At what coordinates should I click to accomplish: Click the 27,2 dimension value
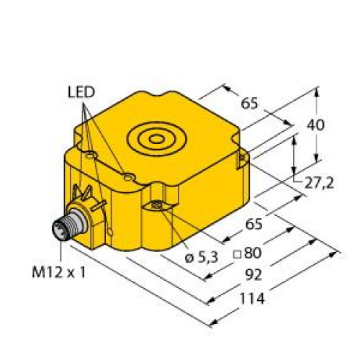319,183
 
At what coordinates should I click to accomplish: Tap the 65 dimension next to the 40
250,103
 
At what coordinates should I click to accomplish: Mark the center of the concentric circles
158,137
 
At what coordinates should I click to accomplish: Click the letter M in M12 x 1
38,271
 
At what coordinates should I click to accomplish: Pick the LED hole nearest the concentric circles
127,175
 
